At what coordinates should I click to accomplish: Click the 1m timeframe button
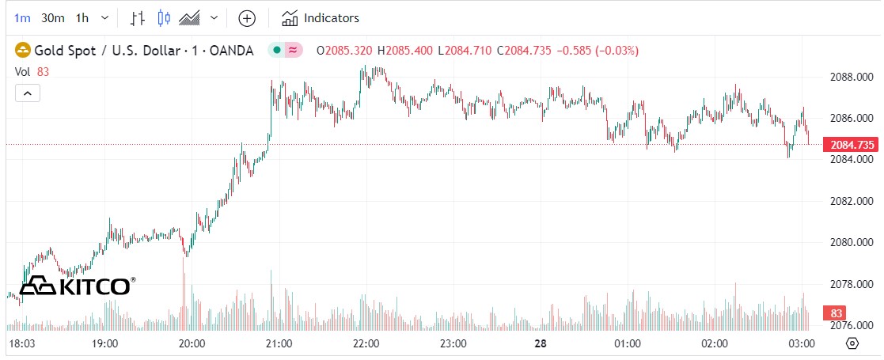point(22,17)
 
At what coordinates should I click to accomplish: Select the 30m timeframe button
point(53,17)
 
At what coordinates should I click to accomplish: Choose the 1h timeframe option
point(82,17)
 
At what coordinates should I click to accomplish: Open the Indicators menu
point(321,17)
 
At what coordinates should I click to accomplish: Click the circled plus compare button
point(247,17)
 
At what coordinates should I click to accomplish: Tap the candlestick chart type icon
point(164,17)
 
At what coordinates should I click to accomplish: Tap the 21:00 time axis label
point(279,343)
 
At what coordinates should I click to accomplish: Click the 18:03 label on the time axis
point(21,343)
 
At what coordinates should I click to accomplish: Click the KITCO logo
point(78,286)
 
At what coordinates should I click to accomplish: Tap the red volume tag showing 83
point(834,312)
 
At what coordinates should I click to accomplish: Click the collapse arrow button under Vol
point(27,93)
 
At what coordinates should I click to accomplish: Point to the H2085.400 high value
point(405,51)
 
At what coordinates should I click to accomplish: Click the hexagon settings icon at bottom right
point(852,343)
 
